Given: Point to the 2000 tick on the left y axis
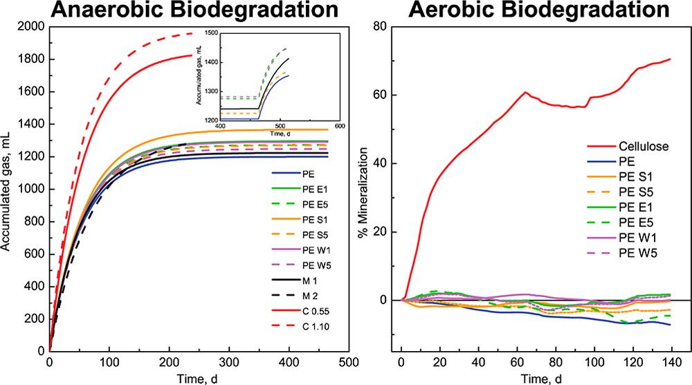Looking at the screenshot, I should click(29, 27).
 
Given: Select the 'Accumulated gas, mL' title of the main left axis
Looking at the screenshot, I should click(9, 189).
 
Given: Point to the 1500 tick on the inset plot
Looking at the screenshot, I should click(207, 33).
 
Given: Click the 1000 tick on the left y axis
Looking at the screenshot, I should click(29, 189).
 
